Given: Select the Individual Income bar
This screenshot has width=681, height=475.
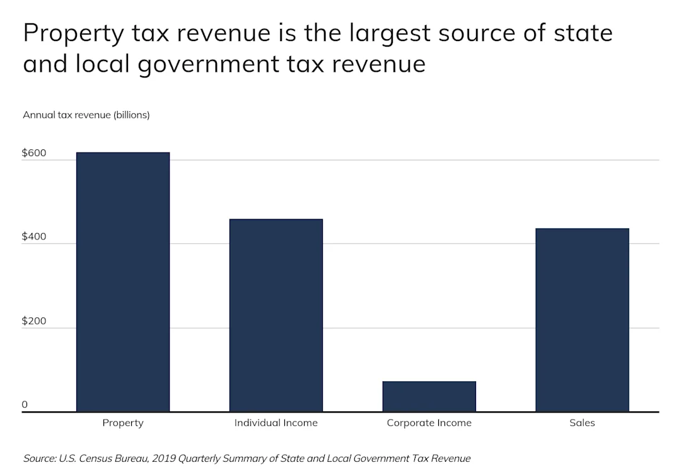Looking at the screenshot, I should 276,316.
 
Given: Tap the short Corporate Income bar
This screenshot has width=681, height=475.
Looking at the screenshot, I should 429,396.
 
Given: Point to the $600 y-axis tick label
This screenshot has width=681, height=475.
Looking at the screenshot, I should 34,152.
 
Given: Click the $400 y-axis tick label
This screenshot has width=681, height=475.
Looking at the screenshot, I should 34,236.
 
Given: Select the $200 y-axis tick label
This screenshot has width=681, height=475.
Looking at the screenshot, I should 34,321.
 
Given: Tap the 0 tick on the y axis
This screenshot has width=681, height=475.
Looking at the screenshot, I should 25,404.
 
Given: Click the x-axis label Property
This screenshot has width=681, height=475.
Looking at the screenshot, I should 123,423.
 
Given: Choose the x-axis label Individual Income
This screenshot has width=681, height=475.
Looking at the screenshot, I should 276,423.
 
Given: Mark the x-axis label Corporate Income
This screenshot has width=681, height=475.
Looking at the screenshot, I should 429,423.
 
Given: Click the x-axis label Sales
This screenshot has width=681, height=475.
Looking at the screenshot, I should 582,423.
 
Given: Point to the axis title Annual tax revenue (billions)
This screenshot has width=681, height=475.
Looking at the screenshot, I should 86,115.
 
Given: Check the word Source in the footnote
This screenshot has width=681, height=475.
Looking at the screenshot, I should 39,459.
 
